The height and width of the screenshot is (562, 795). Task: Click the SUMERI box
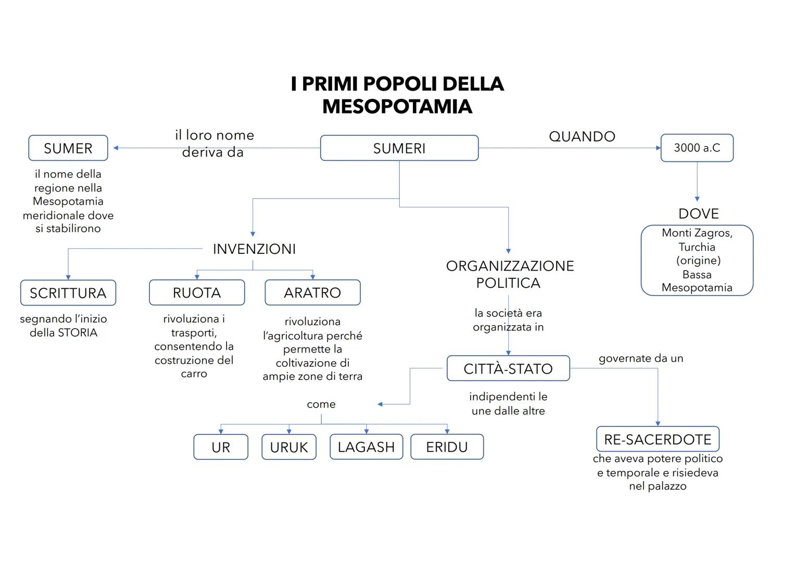[399, 148]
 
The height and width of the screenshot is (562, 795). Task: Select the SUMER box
[68, 148]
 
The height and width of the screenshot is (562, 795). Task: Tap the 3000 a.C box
[697, 148]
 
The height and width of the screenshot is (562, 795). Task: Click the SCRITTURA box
[68, 293]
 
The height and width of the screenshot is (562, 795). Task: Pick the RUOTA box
[197, 292]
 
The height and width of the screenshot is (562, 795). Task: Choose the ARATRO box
[312, 292]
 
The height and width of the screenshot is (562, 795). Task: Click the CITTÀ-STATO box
[508, 368]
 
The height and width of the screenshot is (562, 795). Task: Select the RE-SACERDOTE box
[658, 439]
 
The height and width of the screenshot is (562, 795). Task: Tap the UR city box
[221, 447]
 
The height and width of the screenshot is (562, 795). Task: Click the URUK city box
[289, 447]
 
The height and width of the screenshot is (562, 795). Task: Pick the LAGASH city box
[366, 446]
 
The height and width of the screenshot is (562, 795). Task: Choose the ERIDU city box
[447, 446]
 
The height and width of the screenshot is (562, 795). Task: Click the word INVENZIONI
[254, 249]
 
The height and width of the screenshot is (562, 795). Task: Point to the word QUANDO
[582, 136]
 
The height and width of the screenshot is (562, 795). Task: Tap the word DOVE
[698, 213]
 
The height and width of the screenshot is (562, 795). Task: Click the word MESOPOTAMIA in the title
[397, 107]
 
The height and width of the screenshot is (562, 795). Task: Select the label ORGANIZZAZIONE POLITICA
[510, 274]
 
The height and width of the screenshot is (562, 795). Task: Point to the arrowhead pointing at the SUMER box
[116, 148]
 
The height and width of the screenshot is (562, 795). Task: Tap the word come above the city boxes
[321, 404]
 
